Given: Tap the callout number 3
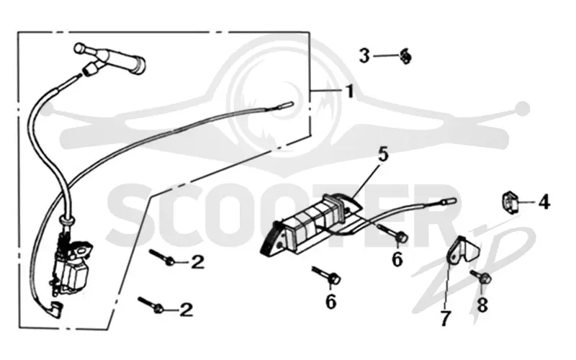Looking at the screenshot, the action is pyautogui.click(x=364, y=56).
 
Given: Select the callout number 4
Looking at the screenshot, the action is pyautogui.click(x=544, y=202).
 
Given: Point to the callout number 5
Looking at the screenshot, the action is pyautogui.click(x=383, y=155).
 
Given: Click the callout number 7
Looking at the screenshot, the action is pyautogui.click(x=445, y=318).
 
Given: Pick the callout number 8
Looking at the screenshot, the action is pyautogui.click(x=482, y=305).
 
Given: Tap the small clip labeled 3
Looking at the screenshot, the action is pyautogui.click(x=405, y=56).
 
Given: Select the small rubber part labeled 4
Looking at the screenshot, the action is pyautogui.click(x=510, y=202).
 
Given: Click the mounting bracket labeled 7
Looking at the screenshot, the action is pyautogui.click(x=462, y=250).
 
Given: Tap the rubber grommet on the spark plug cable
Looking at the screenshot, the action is pyautogui.click(x=68, y=221).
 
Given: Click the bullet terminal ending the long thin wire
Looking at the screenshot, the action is pyautogui.click(x=287, y=105).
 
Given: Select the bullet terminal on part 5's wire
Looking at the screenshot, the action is pyautogui.click(x=448, y=202).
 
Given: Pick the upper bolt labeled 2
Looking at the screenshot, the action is pyautogui.click(x=162, y=258).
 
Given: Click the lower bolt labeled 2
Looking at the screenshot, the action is pyautogui.click(x=150, y=305).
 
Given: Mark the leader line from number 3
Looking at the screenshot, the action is pyautogui.click(x=387, y=56).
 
